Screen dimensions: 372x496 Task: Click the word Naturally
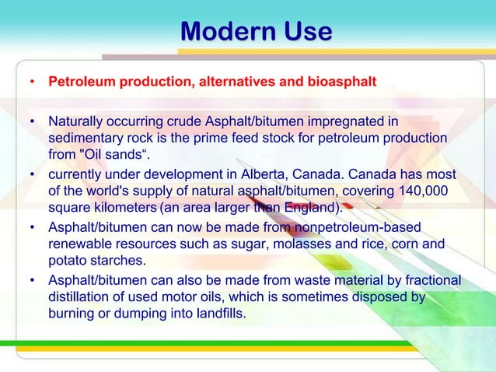point(76,122)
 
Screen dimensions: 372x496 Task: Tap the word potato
point(68,260)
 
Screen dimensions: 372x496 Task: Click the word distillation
point(81,297)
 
